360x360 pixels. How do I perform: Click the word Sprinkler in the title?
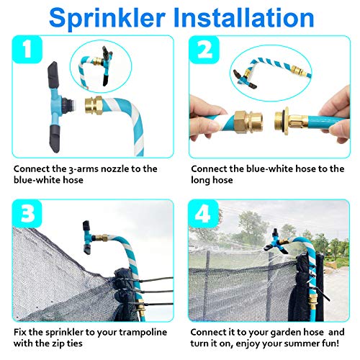[107, 19]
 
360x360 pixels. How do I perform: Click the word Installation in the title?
[243, 17]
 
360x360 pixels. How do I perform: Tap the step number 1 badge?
[27, 50]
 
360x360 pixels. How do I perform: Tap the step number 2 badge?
[204, 50]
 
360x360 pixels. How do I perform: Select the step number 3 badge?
[27, 213]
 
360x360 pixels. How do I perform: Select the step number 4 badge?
[204, 213]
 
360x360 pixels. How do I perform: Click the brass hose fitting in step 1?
[94, 105]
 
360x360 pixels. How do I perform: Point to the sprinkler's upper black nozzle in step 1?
[54, 75]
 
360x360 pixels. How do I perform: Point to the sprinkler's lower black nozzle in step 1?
[55, 139]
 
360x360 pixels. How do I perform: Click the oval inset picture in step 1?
[101, 66]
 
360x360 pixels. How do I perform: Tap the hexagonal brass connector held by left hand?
[248, 122]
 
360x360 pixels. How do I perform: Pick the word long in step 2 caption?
[200, 181]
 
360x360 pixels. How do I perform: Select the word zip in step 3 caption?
[57, 343]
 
